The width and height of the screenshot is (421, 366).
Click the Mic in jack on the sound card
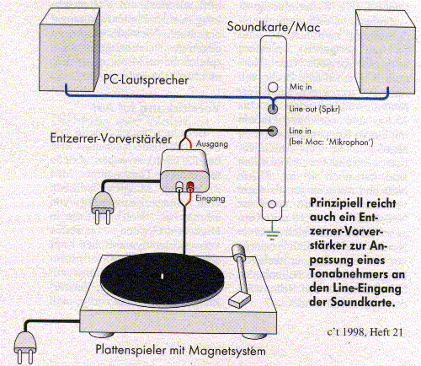pyautogui.click(x=273, y=87)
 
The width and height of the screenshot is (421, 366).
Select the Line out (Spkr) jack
pyautogui.click(x=273, y=109)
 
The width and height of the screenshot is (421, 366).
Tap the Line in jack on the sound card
pyautogui.click(x=273, y=131)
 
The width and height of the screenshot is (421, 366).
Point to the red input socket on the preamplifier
pyautogui.click(x=190, y=186)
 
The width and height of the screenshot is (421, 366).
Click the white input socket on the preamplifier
pyautogui.click(x=179, y=186)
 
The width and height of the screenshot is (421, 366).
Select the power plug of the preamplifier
pyautogui.click(x=103, y=207)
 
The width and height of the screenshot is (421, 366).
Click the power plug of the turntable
pyautogui.click(x=25, y=347)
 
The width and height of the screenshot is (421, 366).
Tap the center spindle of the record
pyautogui.click(x=162, y=276)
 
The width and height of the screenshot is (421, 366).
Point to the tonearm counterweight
pyautogui.click(x=238, y=250)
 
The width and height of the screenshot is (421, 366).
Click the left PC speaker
pyautogui.click(x=69, y=50)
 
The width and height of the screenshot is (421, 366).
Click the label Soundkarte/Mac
pyautogui.click(x=274, y=27)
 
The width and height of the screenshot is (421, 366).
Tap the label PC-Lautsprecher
pyautogui.click(x=146, y=80)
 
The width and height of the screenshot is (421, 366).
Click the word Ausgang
pyautogui.click(x=212, y=144)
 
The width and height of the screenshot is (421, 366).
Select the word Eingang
pyautogui.click(x=210, y=198)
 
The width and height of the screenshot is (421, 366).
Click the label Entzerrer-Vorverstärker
pyautogui.click(x=111, y=138)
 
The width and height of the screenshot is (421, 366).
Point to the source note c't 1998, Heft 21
pyautogui.click(x=365, y=332)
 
